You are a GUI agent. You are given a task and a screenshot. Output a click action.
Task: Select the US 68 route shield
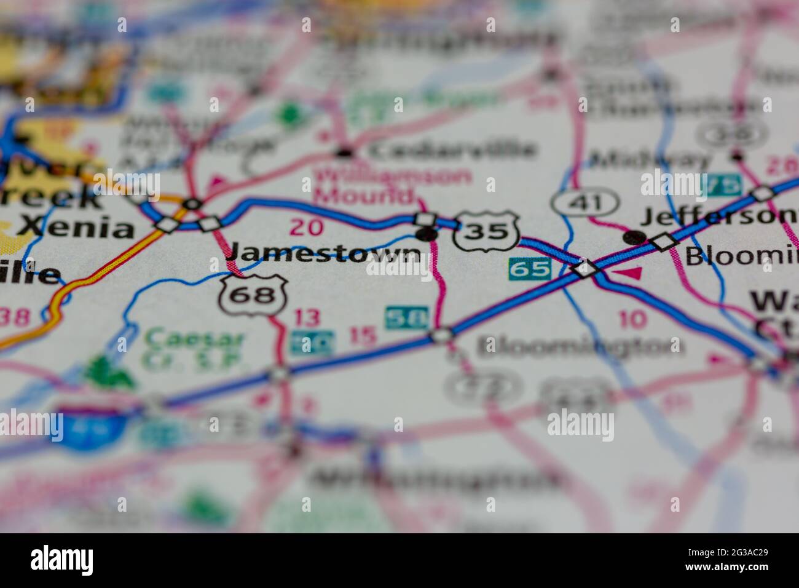pos(253,295)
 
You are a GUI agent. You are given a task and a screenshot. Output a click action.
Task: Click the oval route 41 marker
pos(584,202)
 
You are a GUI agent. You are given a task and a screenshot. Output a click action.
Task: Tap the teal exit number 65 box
pos(529,269)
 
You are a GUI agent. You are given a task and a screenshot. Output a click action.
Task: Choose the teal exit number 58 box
pos(406,317)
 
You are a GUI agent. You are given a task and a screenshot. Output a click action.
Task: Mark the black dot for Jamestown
pos(426,234)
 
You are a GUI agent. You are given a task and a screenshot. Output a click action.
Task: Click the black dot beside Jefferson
pos(634,237)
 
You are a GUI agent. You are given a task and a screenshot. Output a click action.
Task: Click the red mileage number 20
pos(306,228)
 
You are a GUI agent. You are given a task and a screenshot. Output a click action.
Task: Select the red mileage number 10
pos(633,319)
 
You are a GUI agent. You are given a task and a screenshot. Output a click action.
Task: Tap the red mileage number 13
pos(307,318)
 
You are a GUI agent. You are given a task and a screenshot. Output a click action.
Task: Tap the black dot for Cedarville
pos(345,151)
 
